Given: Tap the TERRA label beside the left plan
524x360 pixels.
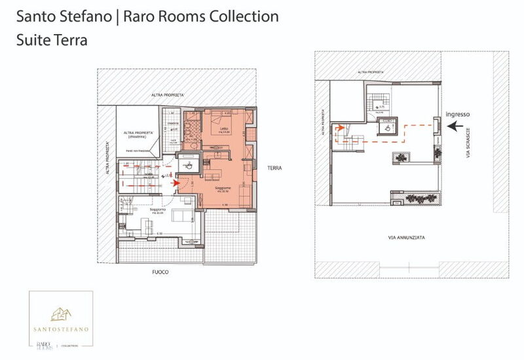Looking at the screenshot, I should (274, 168).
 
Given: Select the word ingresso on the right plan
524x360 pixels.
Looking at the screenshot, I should (457, 114).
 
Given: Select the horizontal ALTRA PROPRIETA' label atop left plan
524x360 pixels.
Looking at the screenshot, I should (168, 96).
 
